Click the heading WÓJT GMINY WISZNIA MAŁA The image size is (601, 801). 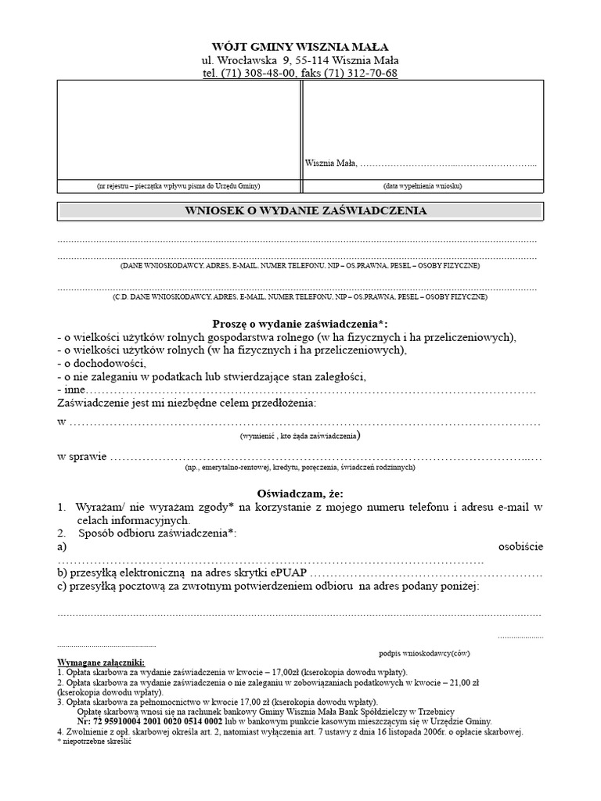click(300, 47)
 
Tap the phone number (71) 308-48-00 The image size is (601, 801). click(257, 74)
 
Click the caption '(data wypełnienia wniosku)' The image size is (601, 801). click(423, 186)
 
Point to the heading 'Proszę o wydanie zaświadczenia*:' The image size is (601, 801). click(300, 324)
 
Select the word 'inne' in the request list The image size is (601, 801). click(74, 390)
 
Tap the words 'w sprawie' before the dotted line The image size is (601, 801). click(81, 455)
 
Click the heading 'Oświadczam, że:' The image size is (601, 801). click(300, 494)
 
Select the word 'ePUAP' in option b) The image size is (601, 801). click(289, 573)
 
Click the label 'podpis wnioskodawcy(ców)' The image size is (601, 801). click(424, 652)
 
